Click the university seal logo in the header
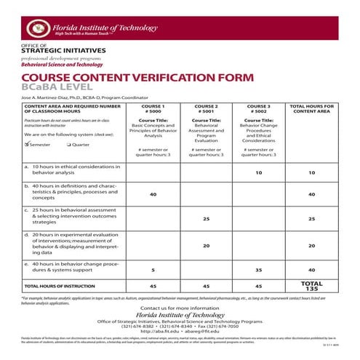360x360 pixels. point(36,28)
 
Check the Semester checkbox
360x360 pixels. point(26,144)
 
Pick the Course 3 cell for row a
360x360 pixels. point(258,173)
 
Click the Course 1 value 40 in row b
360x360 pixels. point(153,194)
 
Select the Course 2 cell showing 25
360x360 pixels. point(207,219)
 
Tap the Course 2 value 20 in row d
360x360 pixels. point(207,245)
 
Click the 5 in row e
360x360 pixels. point(153,270)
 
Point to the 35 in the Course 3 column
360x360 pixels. point(258,270)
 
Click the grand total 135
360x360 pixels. point(311,289)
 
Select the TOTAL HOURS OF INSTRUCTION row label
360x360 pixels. point(56,287)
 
